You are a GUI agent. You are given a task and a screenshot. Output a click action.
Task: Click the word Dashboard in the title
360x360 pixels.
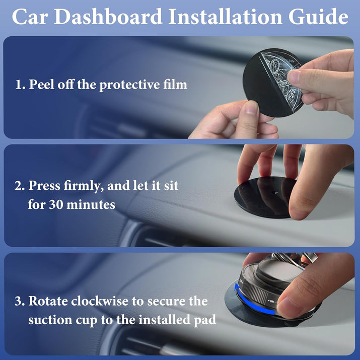pos(108,17)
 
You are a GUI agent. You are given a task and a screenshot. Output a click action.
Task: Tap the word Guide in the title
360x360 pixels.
pos(318,17)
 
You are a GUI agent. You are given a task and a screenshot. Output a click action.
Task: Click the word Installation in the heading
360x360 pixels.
pos(226,17)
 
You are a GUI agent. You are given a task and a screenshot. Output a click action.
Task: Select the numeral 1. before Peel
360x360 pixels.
pos(20,85)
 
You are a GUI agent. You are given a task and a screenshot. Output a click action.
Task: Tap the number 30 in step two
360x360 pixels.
pos(55,204)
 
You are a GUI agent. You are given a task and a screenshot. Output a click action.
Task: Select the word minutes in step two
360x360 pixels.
pos(91,204)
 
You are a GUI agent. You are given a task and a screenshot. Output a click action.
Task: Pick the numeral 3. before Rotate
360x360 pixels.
pos(19,301)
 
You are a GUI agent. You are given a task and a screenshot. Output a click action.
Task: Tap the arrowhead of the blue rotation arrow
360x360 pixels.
pos(237,286)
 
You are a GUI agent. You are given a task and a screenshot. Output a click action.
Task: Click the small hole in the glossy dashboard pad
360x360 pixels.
pos(274,192)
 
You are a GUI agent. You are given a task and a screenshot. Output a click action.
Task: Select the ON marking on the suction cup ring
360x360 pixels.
pos(271,301)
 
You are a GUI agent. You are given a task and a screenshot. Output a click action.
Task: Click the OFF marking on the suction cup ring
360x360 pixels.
pos(241,281)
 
